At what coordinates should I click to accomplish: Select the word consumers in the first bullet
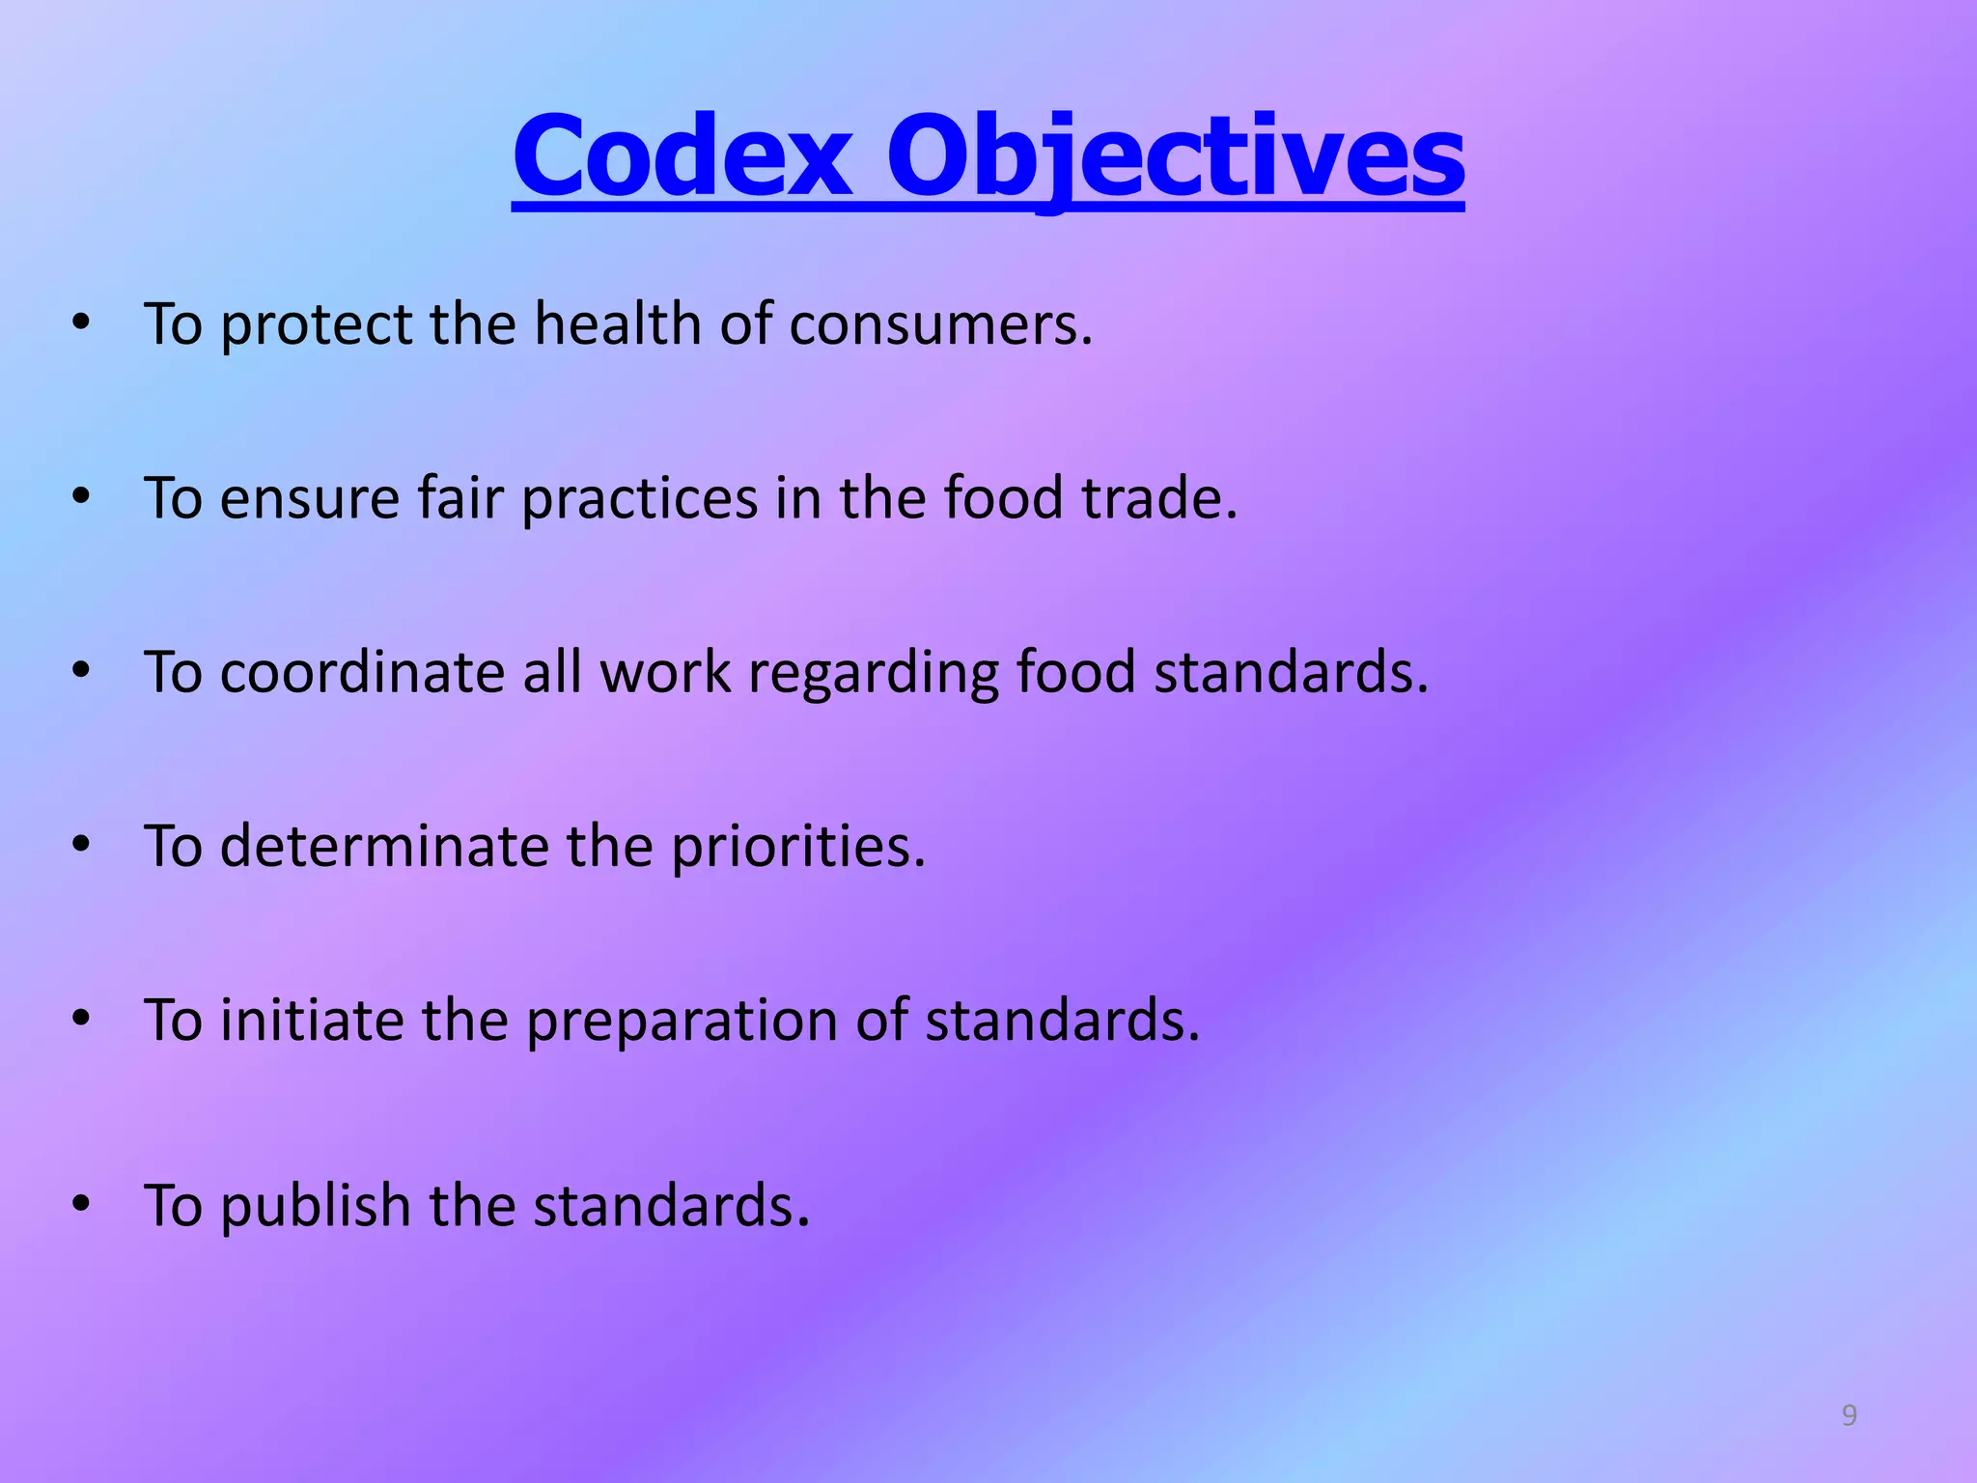coord(940,324)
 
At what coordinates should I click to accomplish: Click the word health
coord(618,324)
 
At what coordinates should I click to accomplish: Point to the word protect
coord(316,326)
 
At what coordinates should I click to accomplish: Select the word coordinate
coord(362,673)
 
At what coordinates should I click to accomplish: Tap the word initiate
coord(312,1021)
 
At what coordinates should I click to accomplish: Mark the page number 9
coord(1849,1415)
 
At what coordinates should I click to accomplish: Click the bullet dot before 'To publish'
coord(81,1204)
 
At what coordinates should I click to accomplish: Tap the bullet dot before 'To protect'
coord(81,322)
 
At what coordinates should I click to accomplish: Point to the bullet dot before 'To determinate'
coord(81,845)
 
